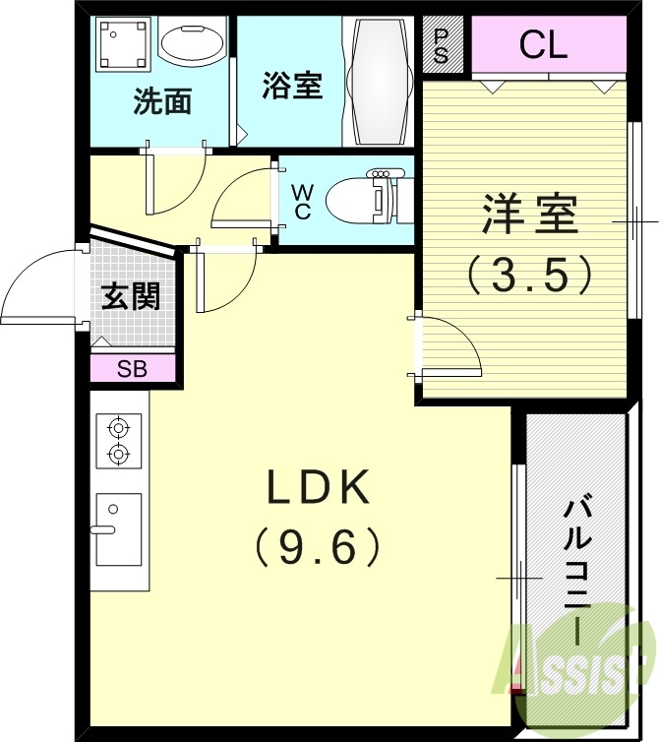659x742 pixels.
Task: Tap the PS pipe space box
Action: point(440,45)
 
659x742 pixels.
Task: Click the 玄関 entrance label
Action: point(131,295)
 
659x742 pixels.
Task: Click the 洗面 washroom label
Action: point(162,101)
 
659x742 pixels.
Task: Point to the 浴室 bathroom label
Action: point(291,86)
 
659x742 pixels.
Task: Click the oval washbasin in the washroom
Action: point(192,42)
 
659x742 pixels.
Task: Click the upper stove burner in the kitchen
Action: point(119,427)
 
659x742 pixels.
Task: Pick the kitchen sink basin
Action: point(119,528)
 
